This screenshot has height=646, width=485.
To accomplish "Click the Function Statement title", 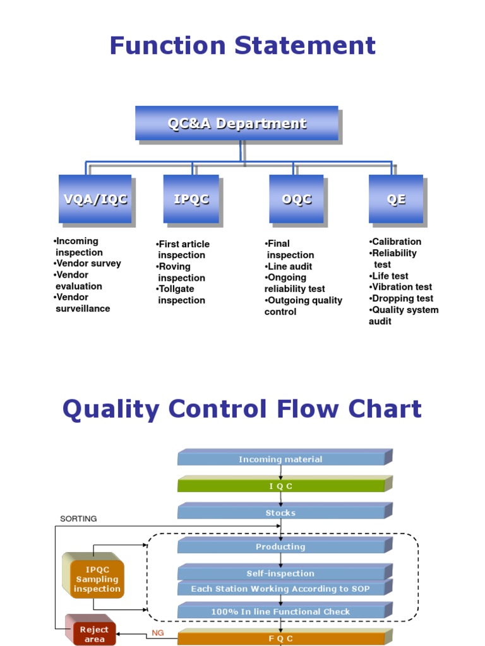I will tap(242, 46).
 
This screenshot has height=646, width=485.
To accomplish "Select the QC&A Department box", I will tap(237, 123).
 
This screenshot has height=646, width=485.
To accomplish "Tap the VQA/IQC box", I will tap(95, 199).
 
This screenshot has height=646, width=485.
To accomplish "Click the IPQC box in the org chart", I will tap(191, 199).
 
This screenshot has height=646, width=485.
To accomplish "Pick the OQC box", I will tap(296, 199).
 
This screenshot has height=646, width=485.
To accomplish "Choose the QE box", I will tap(396, 199).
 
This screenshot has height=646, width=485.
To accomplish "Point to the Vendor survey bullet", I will tap(88, 264).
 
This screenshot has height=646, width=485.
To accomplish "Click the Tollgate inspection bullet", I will tap(180, 295).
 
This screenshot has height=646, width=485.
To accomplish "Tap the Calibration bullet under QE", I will tap(395, 242).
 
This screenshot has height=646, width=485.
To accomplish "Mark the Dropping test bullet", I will tap(402, 298).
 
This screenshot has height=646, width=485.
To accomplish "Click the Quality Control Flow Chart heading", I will tap(242, 409).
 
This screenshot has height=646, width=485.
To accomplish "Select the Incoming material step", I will tap(280, 459).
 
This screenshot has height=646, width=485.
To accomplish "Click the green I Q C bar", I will tap(280, 486).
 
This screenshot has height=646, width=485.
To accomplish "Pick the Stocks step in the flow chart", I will tap(280, 513).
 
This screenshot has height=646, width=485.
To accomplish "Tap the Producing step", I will tap(280, 547).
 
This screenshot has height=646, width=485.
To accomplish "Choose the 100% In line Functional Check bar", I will tap(280, 611).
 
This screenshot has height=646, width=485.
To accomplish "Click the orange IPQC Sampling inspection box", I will tap(97, 579).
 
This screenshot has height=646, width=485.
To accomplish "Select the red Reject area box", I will tap(94, 633).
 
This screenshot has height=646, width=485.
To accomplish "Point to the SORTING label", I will tap(78, 519).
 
